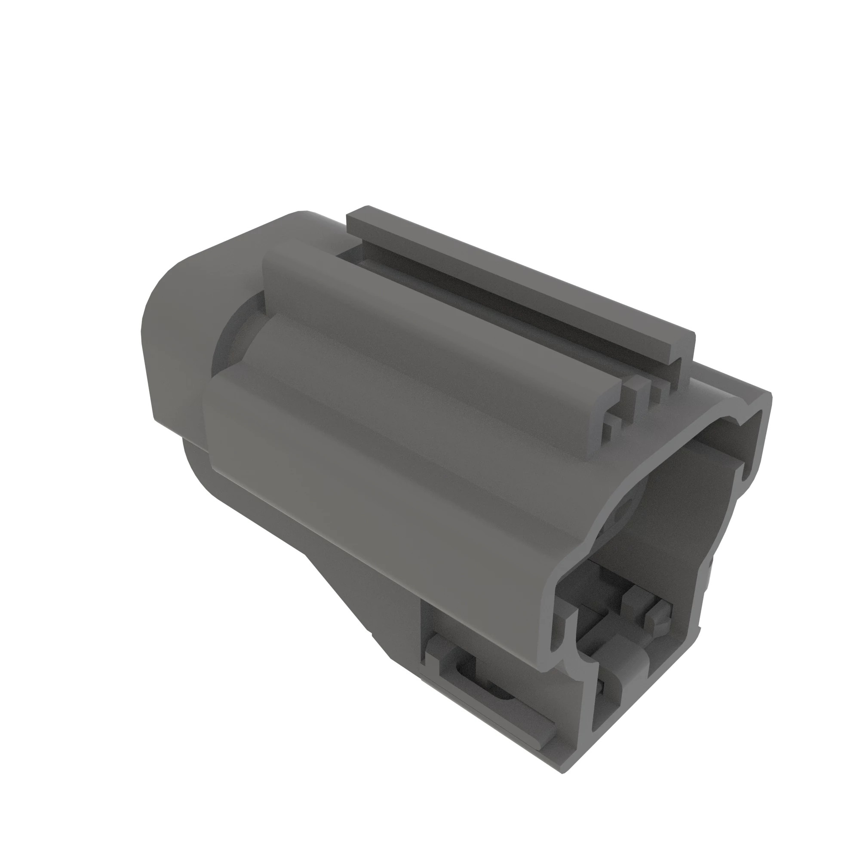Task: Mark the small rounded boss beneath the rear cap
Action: coord(196,467)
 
